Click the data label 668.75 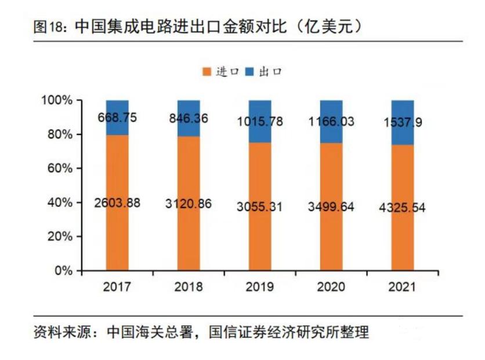(x=117, y=118)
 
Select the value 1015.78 (x=260, y=122)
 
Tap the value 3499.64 (x=331, y=206)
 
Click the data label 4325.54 (x=402, y=207)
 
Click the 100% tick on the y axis (x=57, y=100)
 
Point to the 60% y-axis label (x=60, y=169)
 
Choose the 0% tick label (x=63, y=271)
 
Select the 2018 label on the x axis (x=189, y=287)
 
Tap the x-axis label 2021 (x=402, y=287)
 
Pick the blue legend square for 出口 (x=249, y=72)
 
